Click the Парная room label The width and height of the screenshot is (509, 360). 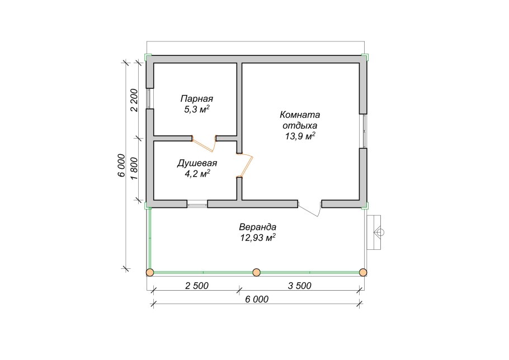[197, 98]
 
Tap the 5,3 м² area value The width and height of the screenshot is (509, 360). [197, 110]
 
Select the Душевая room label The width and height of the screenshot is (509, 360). [197, 163]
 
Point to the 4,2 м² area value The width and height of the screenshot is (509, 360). [197, 174]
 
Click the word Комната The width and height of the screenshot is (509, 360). [300, 115]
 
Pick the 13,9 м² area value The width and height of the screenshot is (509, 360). [300, 136]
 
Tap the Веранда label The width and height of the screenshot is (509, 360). [258, 227]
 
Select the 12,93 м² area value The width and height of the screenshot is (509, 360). [258, 238]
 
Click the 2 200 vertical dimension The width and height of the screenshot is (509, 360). [134, 100]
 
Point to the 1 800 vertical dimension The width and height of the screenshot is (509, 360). [134, 169]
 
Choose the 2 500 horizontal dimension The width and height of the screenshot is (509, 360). [197, 286]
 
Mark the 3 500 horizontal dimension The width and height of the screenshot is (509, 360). [300, 286]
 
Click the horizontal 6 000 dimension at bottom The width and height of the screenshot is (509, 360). [257, 300]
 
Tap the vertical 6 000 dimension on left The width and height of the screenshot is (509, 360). [121, 165]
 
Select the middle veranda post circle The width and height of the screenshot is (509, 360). [256, 272]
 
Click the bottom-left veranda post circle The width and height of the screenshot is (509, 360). [150, 272]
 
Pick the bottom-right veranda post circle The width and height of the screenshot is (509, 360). [363, 272]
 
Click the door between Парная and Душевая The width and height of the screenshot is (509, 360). [204, 143]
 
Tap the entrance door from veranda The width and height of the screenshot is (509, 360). [310, 209]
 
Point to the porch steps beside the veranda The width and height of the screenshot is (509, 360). [374, 232]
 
